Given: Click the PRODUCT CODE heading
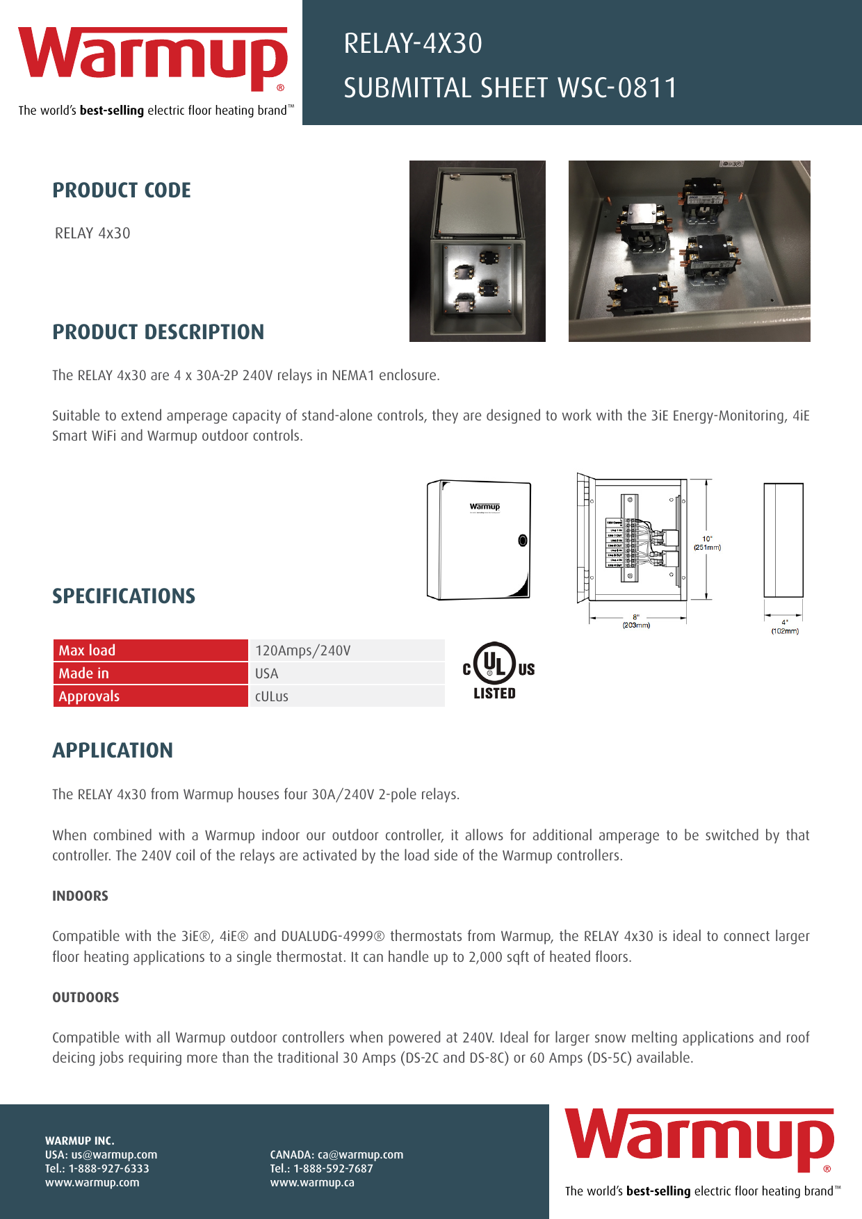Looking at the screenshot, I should [x=122, y=190].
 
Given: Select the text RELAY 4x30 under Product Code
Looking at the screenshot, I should [x=92, y=234].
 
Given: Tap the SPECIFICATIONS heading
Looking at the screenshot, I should [x=124, y=596].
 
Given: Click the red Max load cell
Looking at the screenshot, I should [x=150, y=651].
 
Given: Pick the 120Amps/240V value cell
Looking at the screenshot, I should [x=346, y=651].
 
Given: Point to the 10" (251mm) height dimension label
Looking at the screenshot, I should [x=707, y=543].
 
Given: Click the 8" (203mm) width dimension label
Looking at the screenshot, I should [x=636, y=621].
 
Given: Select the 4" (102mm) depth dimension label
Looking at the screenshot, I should [x=785, y=627].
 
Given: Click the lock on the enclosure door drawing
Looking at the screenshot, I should [x=523, y=541].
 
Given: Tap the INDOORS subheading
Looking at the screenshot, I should [x=80, y=896].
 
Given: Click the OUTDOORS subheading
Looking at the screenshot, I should [x=86, y=997].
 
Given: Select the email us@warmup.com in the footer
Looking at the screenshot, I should [x=114, y=1154].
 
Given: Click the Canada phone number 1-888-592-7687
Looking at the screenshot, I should [x=333, y=1168].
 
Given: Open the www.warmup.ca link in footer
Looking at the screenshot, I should [x=312, y=1182].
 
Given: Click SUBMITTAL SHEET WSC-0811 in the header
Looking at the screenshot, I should [x=510, y=88].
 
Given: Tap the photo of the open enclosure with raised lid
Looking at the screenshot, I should [x=477, y=251].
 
